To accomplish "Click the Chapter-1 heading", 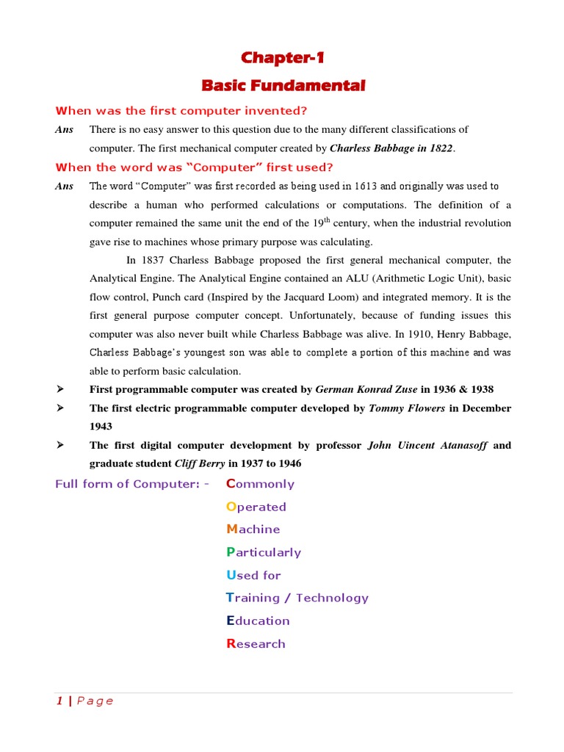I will click(x=283, y=57).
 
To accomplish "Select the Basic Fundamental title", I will click(x=283, y=86).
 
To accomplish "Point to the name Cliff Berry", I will click(x=200, y=463).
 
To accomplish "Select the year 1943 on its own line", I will click(x=102, y=427).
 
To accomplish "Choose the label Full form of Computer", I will click(x=132, y=484).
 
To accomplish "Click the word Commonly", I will click(x=260, y=484).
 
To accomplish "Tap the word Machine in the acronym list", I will click(x=253, y=529).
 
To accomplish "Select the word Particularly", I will click(x=263, y=552).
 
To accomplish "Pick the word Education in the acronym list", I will click(x=258, y=621).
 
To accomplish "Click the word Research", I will click(x=256, y=644).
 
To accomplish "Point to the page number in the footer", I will click(x=59, y=701).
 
